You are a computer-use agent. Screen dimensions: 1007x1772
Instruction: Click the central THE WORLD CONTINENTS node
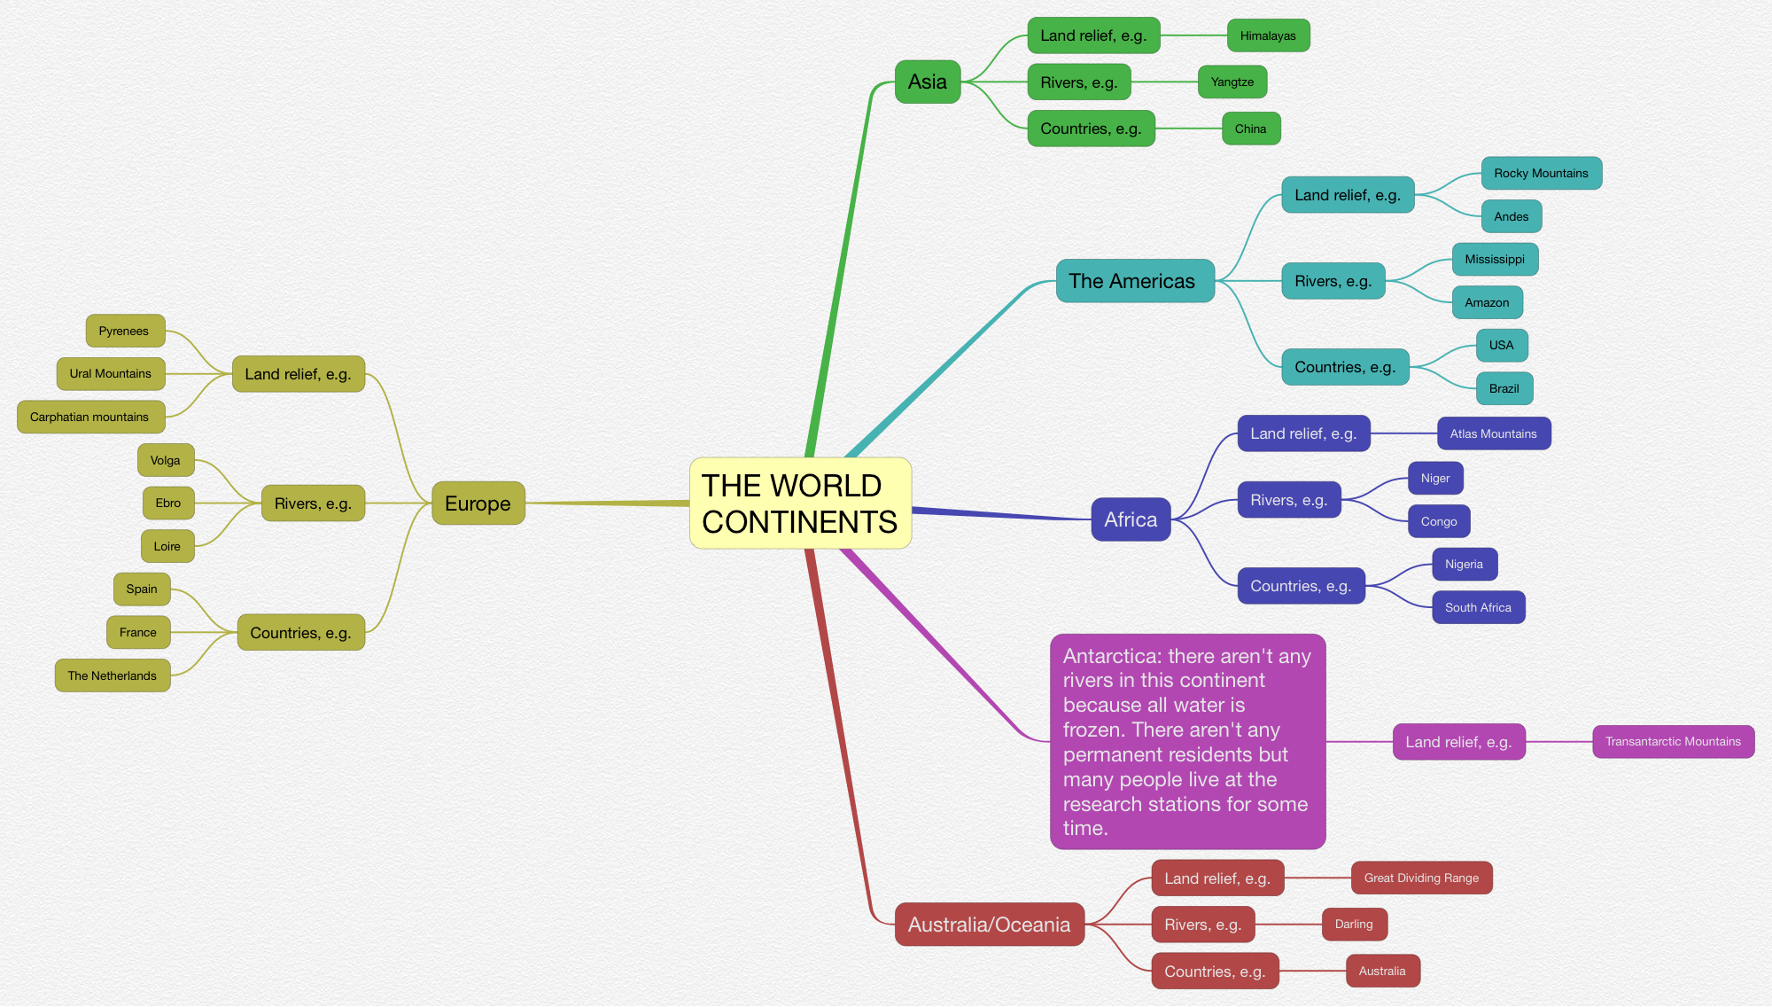(x=800, y=503)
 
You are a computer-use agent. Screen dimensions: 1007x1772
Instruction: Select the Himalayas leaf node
(x=1268, y=36)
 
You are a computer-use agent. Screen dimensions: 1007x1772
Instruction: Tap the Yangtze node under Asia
(x=1232, y=82)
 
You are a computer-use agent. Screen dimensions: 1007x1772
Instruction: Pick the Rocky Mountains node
(x=1541, y=174)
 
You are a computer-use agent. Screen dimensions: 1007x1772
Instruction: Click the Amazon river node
(x=1487, y=303)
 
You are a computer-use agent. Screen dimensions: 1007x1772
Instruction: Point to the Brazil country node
(x=1504, y=389)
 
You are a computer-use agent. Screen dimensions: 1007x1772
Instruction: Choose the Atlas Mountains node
(x=1493, y=434)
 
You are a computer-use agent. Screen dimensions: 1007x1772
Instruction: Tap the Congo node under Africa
(x=1438, y=522)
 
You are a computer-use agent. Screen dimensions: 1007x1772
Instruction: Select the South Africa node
(x=1478, y=608)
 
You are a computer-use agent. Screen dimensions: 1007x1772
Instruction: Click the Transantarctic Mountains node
(x=1673, y=742)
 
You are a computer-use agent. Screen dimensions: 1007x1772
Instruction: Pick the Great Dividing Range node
(x=1421, y=878)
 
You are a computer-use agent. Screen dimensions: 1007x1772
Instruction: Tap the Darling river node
(x=1354, y=925)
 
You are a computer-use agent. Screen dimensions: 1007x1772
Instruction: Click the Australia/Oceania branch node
(x=989, y=925)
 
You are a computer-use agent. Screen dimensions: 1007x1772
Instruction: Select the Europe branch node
(x=478, y=504)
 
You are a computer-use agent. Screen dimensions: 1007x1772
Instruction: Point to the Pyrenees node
(x=124, y=332)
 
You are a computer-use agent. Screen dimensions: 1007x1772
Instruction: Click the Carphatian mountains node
(x=89, y=418)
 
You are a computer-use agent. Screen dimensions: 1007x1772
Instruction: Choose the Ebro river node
(x=167, y=503)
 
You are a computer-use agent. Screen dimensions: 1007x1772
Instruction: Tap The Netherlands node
(x=112, y=676)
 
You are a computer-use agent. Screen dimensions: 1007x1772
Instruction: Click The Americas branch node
(x=1133, y=282)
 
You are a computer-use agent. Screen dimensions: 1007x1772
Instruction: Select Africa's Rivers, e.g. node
(x=1288, y=501)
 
